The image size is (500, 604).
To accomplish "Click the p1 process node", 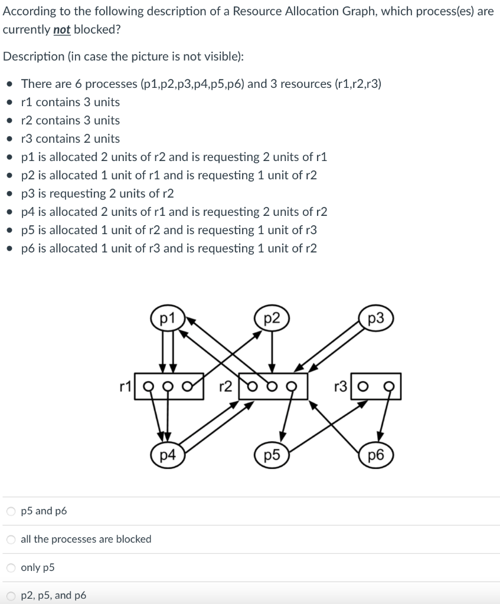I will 168,319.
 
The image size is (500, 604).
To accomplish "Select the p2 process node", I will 271,319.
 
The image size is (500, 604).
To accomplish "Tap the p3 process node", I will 375,319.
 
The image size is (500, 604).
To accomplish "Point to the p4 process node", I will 168,455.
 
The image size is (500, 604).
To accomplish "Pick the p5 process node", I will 271,455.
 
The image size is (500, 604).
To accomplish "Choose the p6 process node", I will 375,455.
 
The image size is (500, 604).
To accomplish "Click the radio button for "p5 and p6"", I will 11,511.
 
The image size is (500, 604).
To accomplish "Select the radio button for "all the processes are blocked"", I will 11,539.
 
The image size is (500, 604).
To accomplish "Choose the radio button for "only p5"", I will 11,567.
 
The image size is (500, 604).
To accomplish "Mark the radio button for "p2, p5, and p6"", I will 11,596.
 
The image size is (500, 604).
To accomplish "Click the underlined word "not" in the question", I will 61,29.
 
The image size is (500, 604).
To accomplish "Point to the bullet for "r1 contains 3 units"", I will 9,102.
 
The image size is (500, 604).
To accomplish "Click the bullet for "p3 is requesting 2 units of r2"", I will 9,193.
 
